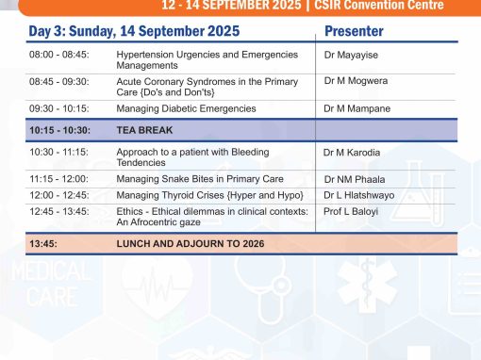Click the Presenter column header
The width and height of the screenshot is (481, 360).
pos(354,31)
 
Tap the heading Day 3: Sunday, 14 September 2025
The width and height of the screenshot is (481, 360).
pos(134,31)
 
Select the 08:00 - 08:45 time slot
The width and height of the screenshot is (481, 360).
pos(59,55)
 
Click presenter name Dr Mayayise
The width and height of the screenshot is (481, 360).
pos(351,55)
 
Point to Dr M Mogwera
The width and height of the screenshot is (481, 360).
pos(356,81)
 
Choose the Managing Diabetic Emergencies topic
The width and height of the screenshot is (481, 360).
pos(186,108)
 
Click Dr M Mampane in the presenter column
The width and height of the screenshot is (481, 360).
pos(357,108)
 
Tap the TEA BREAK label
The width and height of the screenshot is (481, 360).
pos(144,130)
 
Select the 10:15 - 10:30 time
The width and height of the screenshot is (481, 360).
pos(59,130)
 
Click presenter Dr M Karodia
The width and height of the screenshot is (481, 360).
pos(352,153)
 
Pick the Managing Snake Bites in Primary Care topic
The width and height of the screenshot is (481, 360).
pos(200,179)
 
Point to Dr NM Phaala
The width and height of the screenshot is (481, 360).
pos(355,179)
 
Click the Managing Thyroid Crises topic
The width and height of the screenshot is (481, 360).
pos(209,195)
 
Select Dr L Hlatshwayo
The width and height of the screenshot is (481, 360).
pos(359,195)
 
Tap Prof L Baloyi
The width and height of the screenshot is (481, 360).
pos(351,211)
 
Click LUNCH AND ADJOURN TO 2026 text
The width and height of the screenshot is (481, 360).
pos(191,244)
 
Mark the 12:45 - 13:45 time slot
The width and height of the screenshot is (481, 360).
pos(59,211)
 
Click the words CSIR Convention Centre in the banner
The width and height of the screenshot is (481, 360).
pos(379,5)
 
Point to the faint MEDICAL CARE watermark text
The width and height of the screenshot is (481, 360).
pos(52,285)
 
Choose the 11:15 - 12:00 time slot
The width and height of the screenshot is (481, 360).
pos(59,179)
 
